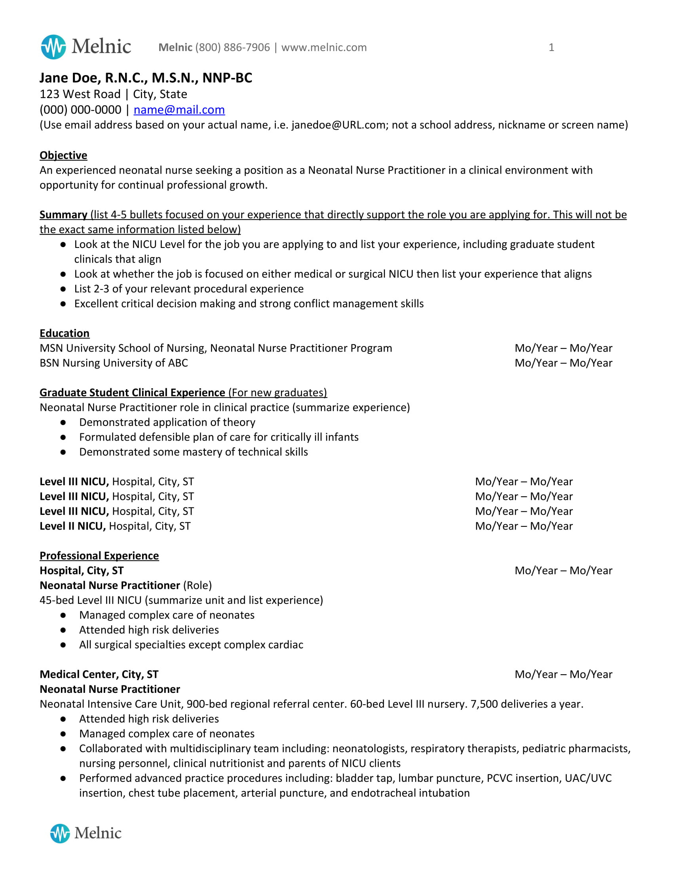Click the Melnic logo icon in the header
(53, 47)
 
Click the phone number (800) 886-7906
(232, 47)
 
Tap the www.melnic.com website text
(324, 47)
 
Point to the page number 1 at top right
(551, 47)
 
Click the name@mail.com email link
(179, 110)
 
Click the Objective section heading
(63, 155)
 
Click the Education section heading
(65, 333)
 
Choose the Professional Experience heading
(99, 555)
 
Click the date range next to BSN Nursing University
(563, 363)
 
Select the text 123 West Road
(80, 95)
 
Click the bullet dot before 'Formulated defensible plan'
(63, 437)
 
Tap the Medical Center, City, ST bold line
(99, 674)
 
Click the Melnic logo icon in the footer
(60, 833)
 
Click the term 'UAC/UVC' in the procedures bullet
(587, 778)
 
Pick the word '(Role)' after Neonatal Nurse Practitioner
(198, 585)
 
